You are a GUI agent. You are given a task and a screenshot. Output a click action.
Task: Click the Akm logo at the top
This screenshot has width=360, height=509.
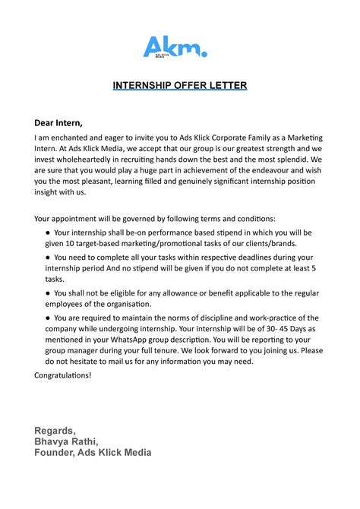point(175,47)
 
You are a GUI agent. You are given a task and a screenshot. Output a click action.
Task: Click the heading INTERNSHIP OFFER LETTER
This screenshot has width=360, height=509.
point(180,85)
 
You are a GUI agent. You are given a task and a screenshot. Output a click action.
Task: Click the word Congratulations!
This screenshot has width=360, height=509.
point(63,375)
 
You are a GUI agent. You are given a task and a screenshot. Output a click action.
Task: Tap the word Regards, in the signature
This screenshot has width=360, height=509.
point(57,431)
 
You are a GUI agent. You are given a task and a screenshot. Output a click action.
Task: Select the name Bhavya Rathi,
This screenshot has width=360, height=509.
point(71,441)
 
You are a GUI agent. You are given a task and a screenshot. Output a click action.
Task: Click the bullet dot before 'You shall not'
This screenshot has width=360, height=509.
point(48,292)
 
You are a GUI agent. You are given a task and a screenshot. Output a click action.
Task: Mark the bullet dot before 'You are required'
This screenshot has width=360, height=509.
point(48,318)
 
